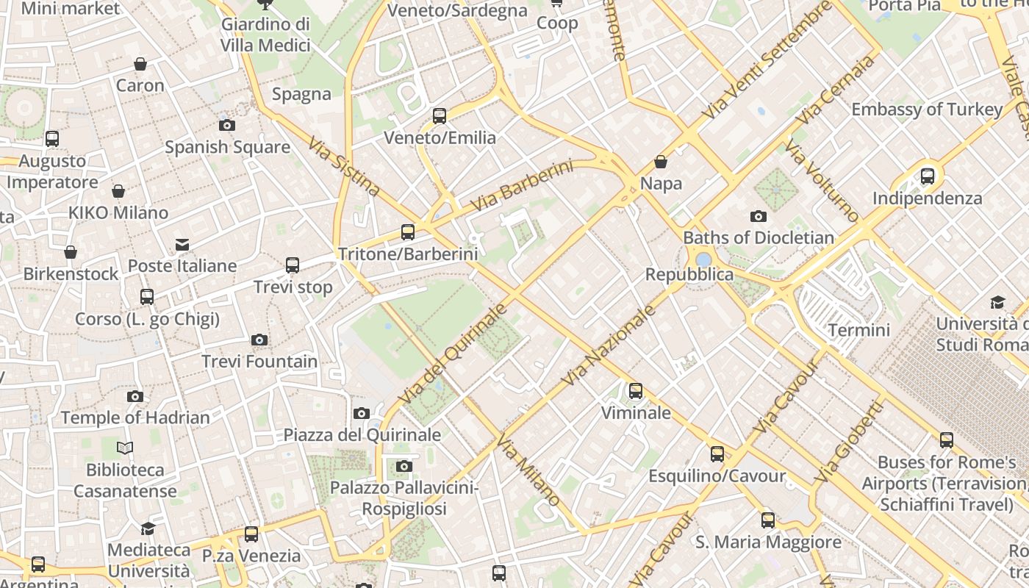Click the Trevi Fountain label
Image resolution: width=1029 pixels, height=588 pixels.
259,361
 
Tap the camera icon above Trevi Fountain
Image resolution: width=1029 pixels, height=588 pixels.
259,340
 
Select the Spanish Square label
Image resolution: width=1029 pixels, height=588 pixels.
227,147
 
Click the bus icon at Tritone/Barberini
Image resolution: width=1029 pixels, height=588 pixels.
408,232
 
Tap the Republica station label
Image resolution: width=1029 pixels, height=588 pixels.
689,274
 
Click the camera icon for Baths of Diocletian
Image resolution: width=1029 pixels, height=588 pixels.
758,216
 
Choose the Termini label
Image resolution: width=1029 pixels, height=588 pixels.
858,330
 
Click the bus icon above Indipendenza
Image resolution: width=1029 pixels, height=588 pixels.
928,176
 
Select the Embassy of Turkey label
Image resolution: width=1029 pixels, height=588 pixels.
927,110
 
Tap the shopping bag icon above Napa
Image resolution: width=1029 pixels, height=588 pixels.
661,162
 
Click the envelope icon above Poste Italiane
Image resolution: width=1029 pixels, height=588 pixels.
182,245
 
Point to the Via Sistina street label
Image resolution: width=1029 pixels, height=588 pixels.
344,166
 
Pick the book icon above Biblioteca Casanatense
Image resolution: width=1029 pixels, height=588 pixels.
125,448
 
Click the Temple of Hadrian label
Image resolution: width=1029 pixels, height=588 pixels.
135,417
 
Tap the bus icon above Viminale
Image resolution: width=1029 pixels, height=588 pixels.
636,391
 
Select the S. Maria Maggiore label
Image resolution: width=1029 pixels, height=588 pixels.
768,542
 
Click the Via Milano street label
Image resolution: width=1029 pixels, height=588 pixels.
528,470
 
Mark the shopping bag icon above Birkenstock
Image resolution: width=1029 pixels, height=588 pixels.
71,253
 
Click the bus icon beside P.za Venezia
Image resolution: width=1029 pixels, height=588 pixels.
251,534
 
